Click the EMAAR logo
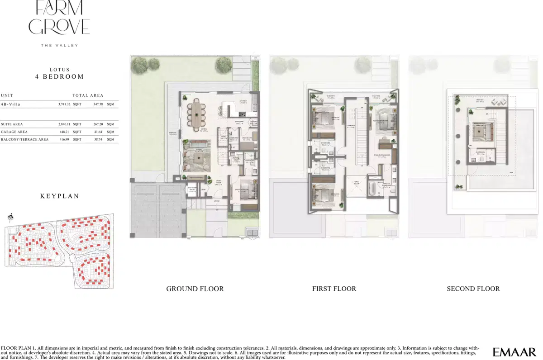pyautogui.click(x=514, y=351)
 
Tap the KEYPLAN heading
pyautogui.click(x=60, y=196)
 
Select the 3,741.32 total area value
pyautogui.click(x=65, y=104)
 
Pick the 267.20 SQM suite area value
pyautogui.click(x=97, y=124)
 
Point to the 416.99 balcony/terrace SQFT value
pyautogui.click(x=65, y=139)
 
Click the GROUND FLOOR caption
pyautogui.click(x=195, y=289)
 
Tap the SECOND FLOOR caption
pyautogui.click(x=473, y=289)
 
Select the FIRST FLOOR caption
pyautogui.click(x=334, y=289)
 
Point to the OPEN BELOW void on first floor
pyautogui.click(x=356, y=184)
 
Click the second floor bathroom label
pyautogui.click(x=480, y=153)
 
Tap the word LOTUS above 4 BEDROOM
pyautogui.click(x=60, y=70)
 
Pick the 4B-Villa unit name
pyautogui.click(x=11, y=104)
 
